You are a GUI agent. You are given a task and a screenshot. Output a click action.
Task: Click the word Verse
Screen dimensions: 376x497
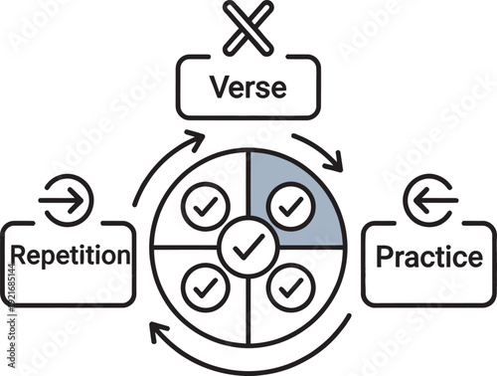(x=248, y=87)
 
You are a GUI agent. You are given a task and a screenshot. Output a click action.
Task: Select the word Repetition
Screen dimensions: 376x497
(x=68, y=255)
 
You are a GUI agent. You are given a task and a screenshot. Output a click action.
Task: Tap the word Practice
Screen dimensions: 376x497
(x=428, y=256)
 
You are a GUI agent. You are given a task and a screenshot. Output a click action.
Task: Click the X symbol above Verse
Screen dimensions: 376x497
(x=248, y=27)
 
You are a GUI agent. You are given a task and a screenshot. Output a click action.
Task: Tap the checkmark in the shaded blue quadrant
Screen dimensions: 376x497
(x=290, y=207)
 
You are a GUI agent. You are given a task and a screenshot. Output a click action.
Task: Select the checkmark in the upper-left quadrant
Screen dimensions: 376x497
(x=206, y=207)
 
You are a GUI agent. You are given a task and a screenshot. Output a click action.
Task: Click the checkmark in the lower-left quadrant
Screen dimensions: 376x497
(x=206, y=286)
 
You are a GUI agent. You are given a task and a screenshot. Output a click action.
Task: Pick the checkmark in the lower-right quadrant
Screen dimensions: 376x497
(x=290, y=286)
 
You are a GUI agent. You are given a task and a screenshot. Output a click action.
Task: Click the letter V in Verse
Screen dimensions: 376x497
(x=219, y=87)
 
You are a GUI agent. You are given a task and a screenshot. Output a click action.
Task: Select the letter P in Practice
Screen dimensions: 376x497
(x=385, y=256)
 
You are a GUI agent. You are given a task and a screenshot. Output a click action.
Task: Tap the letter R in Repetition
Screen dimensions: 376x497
(x=15, y=255)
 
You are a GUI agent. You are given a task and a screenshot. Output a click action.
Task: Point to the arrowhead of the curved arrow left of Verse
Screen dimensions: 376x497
(x=197, y=136)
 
